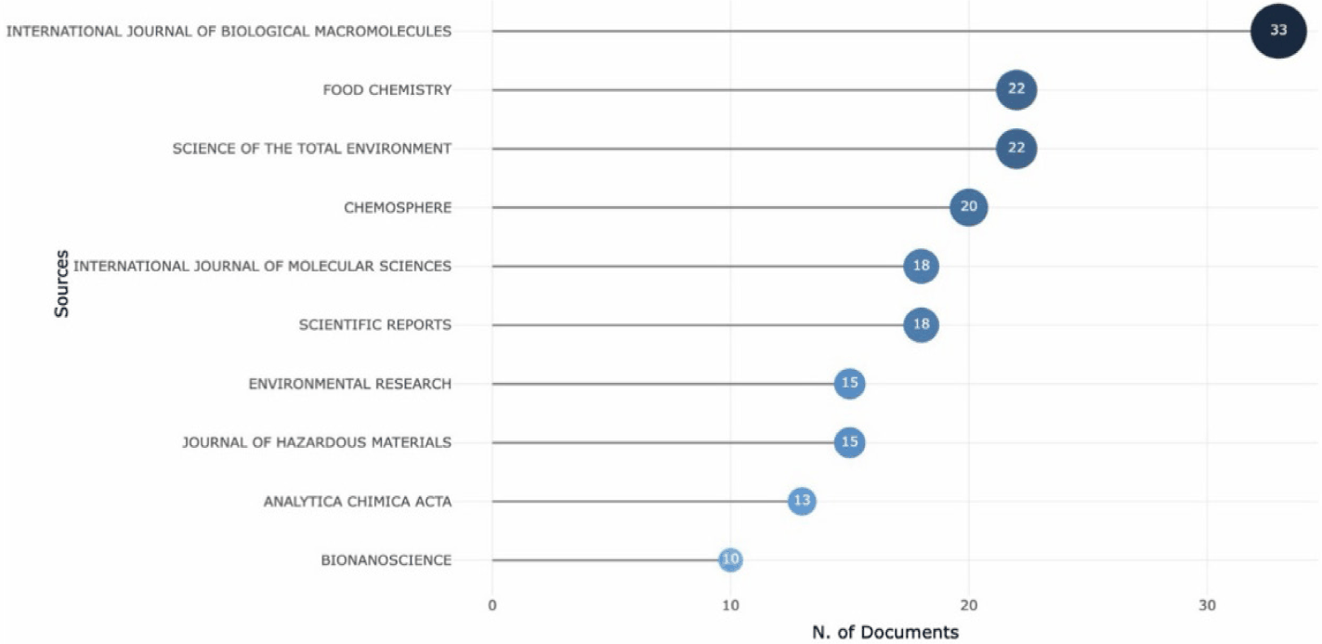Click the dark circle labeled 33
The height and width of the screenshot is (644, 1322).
pos(1278,31)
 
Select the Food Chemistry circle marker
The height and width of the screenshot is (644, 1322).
pos(1016,90)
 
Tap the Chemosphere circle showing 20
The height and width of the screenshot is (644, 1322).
pos(968,207)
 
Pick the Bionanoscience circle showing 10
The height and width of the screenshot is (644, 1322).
pos(730,559)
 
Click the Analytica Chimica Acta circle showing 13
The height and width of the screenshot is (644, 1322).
pos(802,501)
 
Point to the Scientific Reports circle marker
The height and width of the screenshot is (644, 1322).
pos(922,324)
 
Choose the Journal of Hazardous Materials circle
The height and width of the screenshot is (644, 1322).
pos(850,442)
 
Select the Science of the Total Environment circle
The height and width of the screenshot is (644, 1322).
pos(1016,148)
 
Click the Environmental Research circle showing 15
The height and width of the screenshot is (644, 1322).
pos(850,383)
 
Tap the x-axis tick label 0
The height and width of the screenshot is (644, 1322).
pos(492,606)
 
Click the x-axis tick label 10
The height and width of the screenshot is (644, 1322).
pos(730,606)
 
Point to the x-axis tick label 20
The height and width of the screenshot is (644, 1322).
pos(968,606)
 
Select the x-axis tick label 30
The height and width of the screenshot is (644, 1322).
pos(1207,606)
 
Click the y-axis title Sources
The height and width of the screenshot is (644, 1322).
pos(62,283)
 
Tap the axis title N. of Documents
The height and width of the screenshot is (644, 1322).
pos(885,632)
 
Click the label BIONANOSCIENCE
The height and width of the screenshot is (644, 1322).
pos(386,560)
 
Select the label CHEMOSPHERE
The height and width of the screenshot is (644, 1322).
pos(398,208)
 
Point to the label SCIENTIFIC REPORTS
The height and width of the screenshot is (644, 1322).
pos(374,325)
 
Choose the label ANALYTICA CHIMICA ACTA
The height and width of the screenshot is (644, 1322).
pos(358,502)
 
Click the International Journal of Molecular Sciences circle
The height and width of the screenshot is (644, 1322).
pos(922,266)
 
